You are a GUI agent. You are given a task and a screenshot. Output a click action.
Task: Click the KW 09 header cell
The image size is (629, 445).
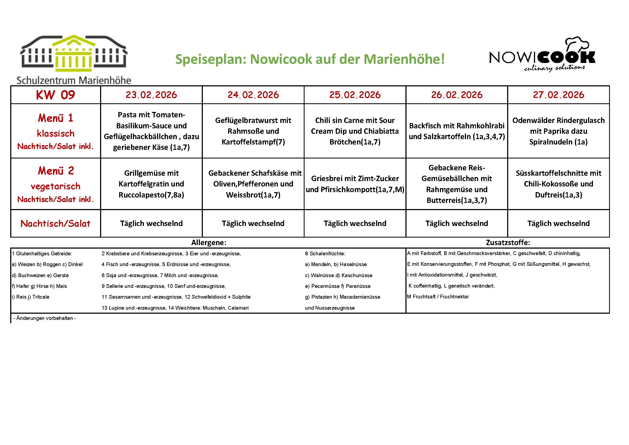tap(55, 95)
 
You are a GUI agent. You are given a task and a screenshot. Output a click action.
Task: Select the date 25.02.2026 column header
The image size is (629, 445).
tap(355, 95)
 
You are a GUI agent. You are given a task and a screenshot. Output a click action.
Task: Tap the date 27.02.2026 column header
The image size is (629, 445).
tap(558, 95)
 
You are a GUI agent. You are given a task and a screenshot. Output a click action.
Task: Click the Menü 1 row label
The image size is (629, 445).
tap(55, 118)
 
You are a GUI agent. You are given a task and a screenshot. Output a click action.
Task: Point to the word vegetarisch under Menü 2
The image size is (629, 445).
tap(55, 186)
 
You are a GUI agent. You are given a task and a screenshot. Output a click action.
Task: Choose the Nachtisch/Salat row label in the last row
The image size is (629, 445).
tap(55, 224)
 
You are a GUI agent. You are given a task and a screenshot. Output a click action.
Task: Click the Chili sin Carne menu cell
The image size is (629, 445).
tap(355, 131)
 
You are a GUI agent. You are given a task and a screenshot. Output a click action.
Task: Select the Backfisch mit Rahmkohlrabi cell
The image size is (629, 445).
tap(457, 131)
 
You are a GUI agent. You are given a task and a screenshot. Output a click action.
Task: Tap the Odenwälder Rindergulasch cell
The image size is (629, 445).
tap(558, 131)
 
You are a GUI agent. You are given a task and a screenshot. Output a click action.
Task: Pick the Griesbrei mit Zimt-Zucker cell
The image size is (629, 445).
tap(355, 184)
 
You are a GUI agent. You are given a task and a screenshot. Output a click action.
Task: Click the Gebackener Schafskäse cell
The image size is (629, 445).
tap(253, 184)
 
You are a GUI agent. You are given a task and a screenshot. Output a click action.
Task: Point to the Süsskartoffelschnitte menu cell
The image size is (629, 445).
tap(558, 184)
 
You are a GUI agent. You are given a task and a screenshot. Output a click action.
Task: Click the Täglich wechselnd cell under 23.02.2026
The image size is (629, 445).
tap(151, 224)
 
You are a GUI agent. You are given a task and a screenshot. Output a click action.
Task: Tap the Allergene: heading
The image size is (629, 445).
tap(209, 242)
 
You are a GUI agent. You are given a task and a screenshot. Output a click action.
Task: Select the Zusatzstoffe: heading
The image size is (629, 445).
tap(508, 242)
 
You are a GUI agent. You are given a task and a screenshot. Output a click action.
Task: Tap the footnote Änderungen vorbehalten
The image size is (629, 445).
tap(45, 318)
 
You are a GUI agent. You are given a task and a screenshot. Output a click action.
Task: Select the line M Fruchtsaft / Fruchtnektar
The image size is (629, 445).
tap(438, 297)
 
